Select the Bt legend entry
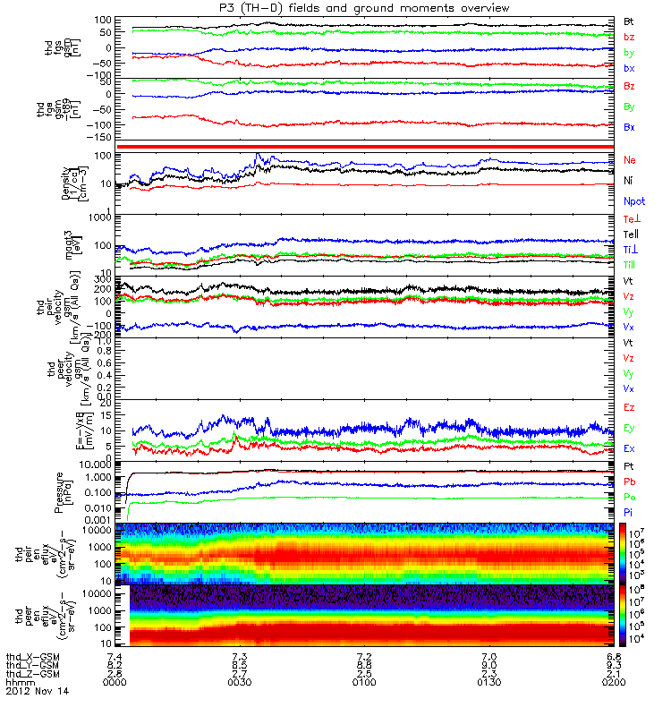point(629,20)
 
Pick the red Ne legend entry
point(630,159)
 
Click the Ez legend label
point(630,407)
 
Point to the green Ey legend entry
point(630,428)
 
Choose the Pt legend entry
point(629,467)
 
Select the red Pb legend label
point(630,482)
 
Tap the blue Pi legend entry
point(629,512)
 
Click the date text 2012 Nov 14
point(37,692)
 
